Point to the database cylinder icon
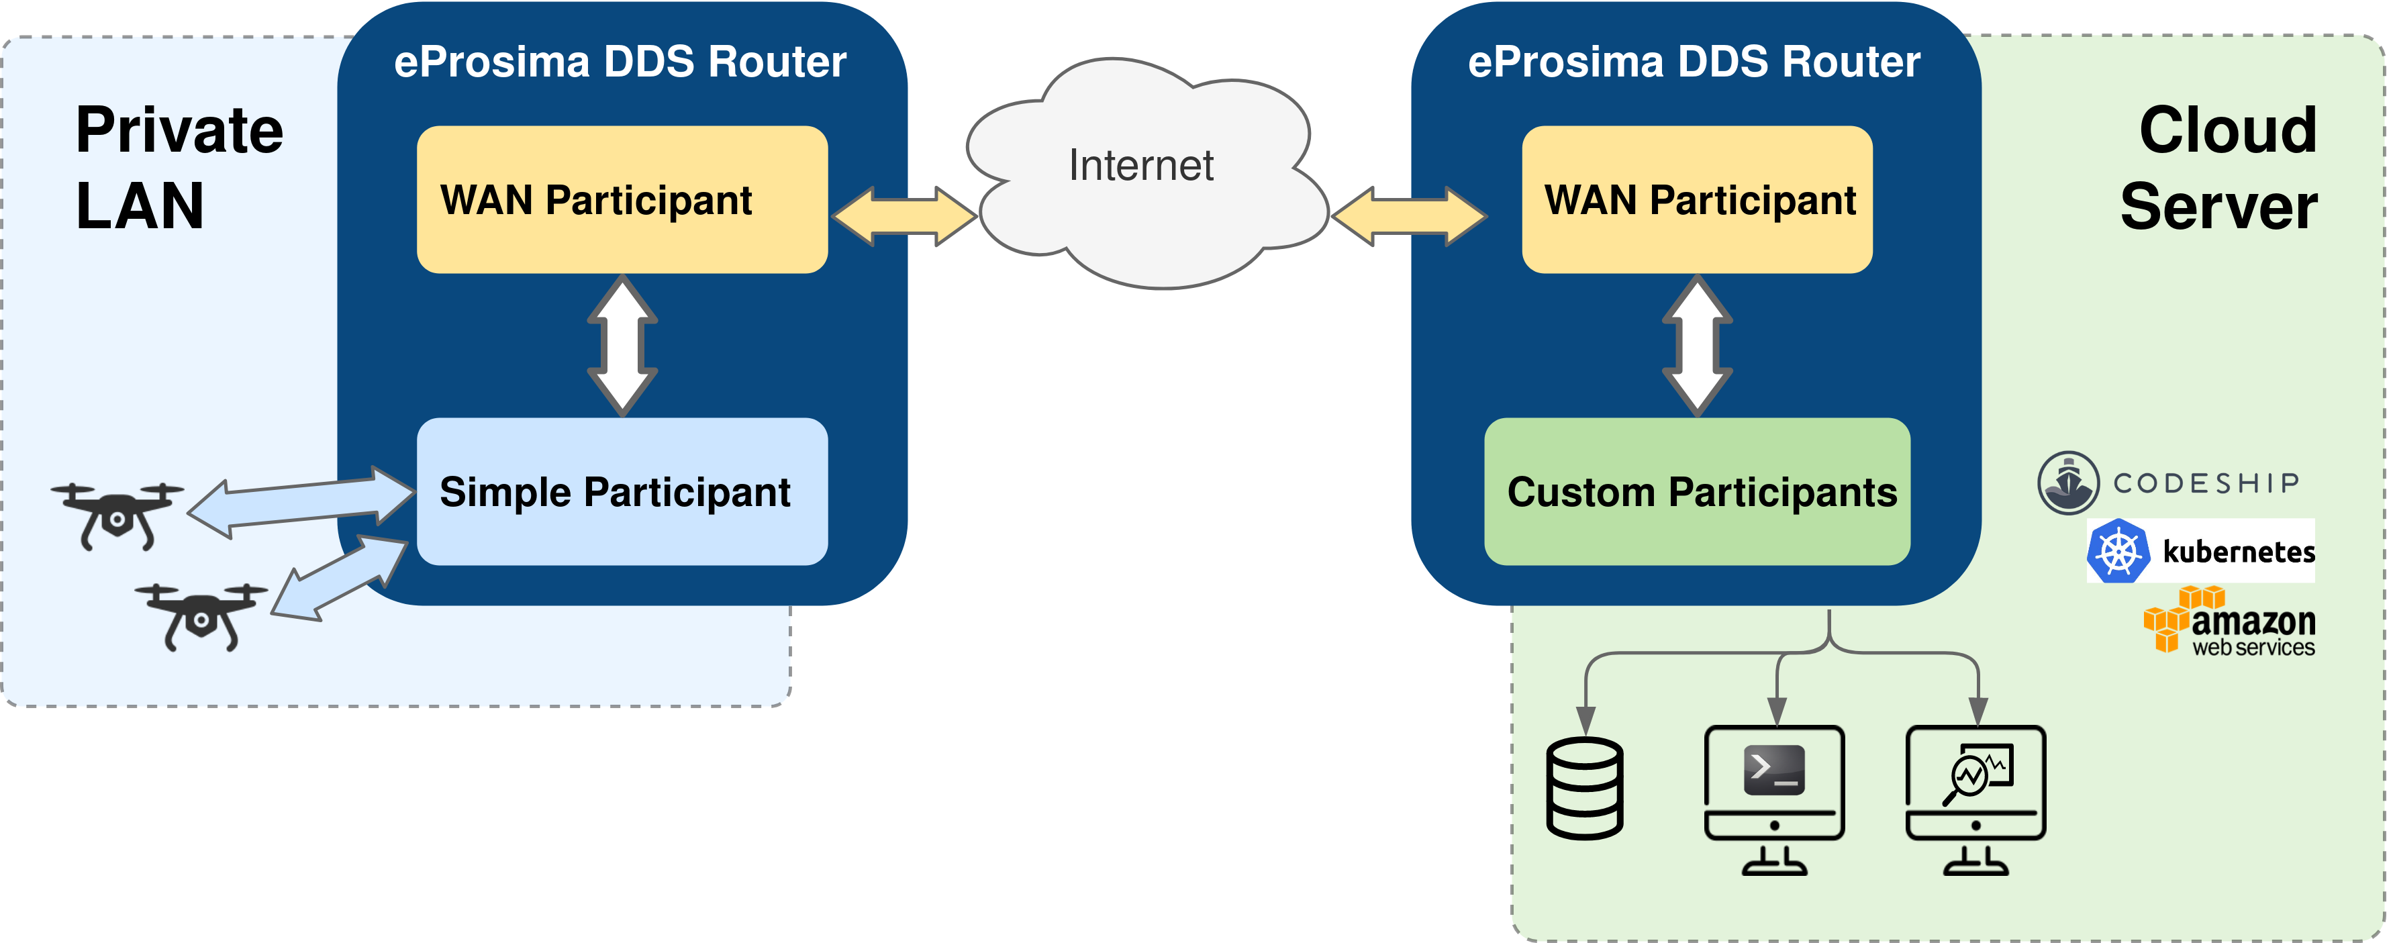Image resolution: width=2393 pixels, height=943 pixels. click(1585, 789)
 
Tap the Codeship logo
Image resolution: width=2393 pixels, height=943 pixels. click(2169, 483)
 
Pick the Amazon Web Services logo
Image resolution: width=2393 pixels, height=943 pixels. click(2229, 622)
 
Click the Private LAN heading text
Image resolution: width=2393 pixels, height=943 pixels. click(179, 167)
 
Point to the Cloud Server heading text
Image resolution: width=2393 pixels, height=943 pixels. click(2220, 167)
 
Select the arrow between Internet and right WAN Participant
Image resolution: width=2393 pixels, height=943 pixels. click(1408, 217)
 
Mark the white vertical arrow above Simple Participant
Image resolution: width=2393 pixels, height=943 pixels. click(622, 346)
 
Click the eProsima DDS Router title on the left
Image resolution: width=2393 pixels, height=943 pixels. click(620, 62)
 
